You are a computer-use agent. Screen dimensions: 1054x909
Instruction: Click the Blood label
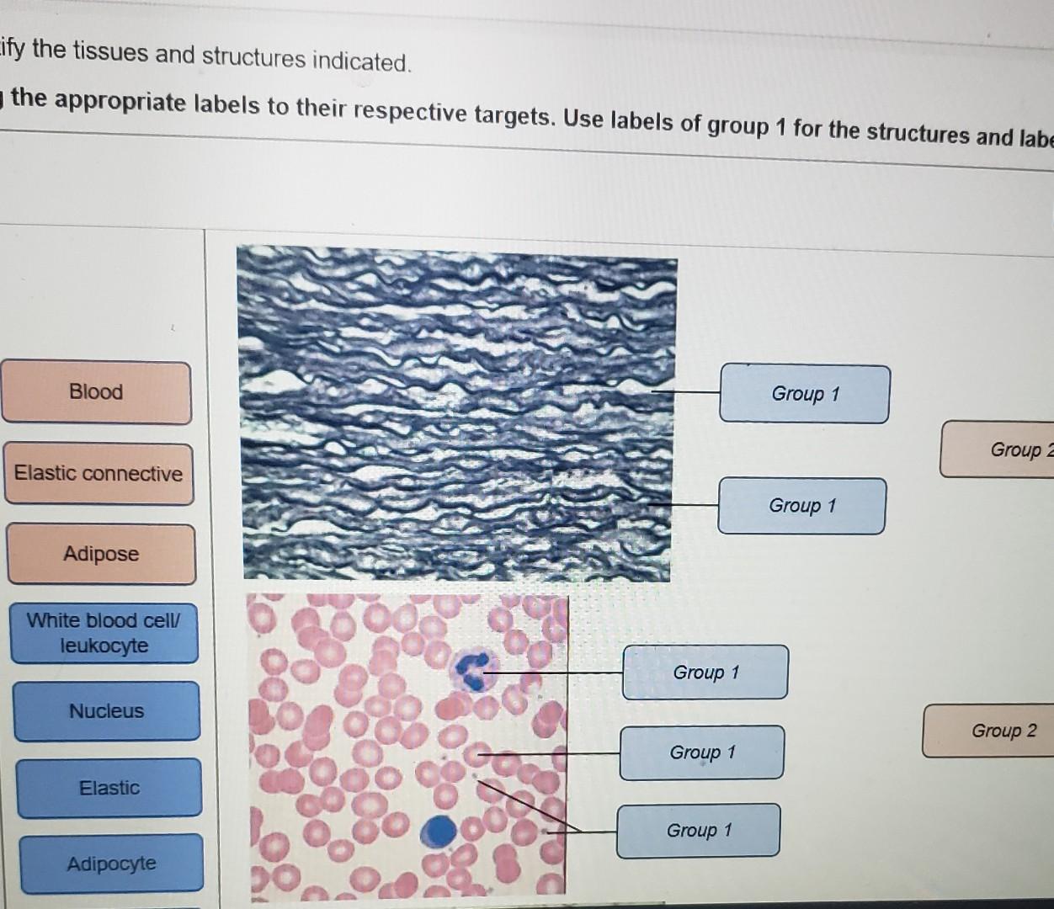click(96, 392)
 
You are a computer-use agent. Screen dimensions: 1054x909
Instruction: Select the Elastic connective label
click(98, 474)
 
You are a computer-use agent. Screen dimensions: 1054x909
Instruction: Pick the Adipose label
click(101, 554)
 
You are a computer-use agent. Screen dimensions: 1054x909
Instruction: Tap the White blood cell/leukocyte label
click(104, 633)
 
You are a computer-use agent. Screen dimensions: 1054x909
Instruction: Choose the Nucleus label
click(107, 711)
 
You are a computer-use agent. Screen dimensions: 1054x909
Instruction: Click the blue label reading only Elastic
click(109, 788)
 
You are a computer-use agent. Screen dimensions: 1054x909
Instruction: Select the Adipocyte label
click(112, 864)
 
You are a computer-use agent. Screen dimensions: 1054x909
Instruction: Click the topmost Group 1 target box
click(805, 394)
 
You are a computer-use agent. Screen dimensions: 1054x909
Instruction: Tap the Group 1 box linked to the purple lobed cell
click(705, 672)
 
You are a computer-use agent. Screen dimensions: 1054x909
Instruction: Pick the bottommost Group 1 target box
click(699, 831)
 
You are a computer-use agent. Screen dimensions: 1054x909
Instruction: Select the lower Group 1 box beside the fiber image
click(801, 506)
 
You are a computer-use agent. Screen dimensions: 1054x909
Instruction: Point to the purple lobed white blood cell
click(473, 670)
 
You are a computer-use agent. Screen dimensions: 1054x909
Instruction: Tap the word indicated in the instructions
click(360, 61)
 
